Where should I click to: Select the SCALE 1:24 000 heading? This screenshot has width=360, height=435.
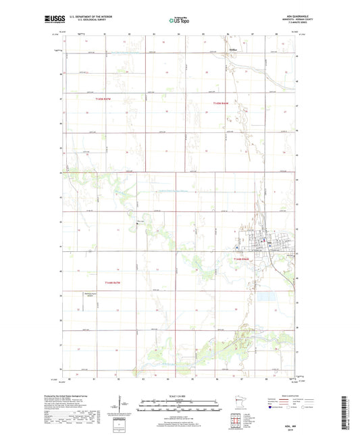pos(179,395)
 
